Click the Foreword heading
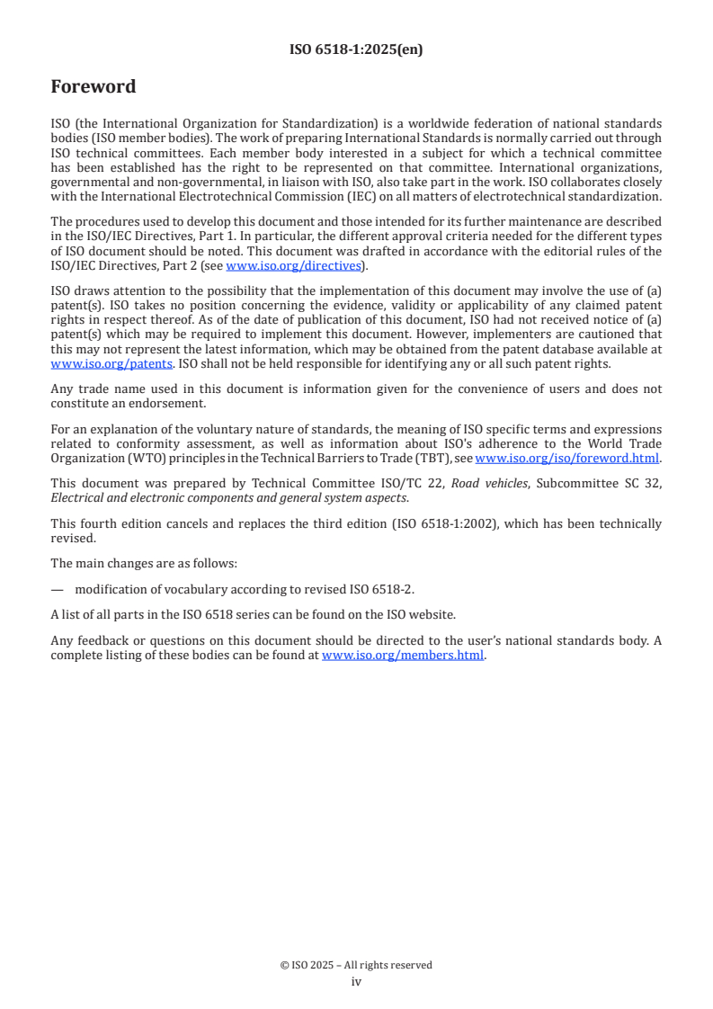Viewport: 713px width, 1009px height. click(x=94, y=87)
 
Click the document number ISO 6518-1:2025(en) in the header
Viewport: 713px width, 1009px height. click(x=356, y=50)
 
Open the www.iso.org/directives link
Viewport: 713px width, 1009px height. click(x=293, y=265)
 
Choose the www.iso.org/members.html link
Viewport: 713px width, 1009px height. click(x=403, y=656)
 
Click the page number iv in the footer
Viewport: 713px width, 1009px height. click(x=356, y=982)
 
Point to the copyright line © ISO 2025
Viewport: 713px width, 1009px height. click(x=356, y=965)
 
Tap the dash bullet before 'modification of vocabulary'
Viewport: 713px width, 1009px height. click(x=58, y=589)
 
